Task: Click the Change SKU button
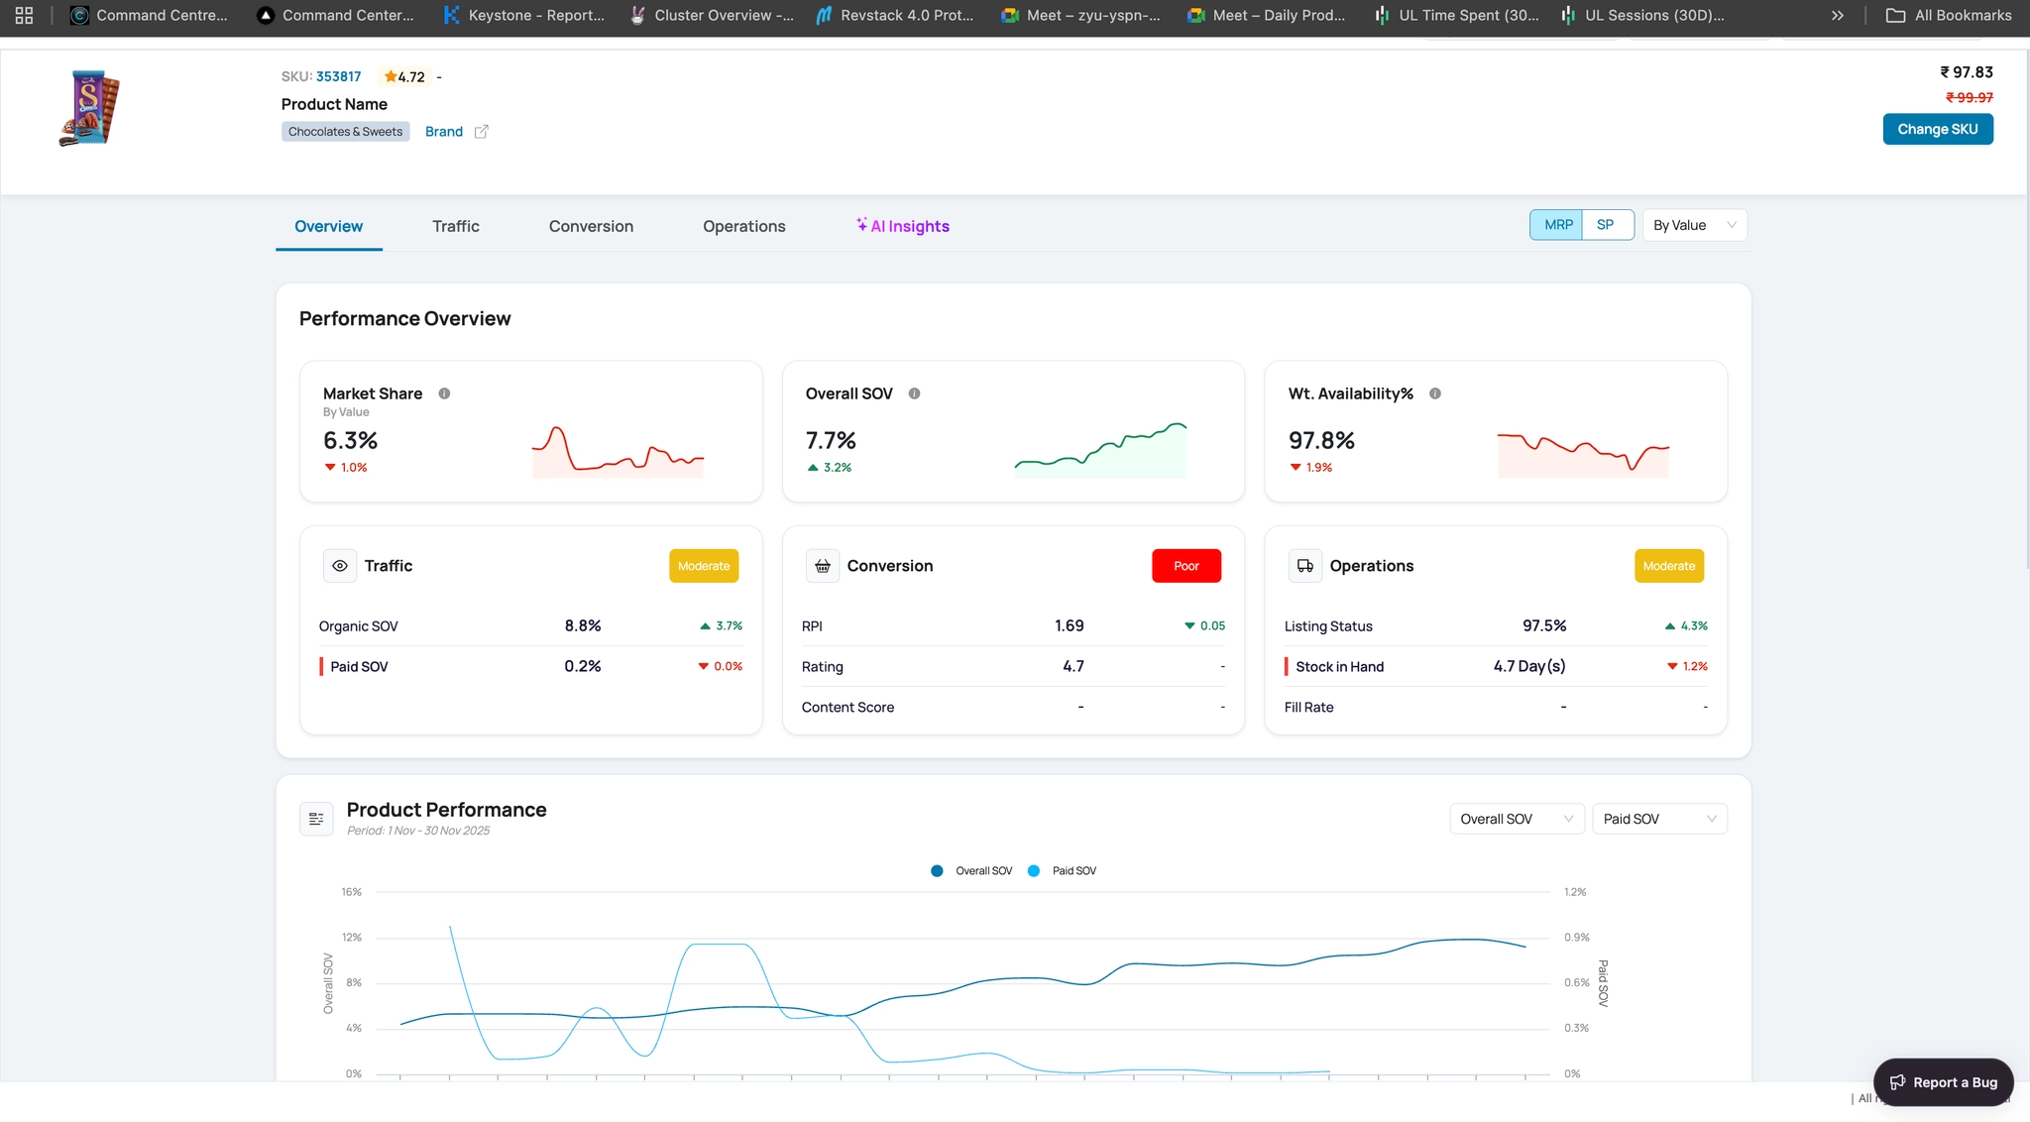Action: click(x=1938, y=129)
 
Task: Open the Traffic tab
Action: click(x=456, y=226)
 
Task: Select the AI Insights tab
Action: click(x=903, y=226)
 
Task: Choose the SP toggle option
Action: click(x=1606, y=225)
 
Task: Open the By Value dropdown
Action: click(x=1695, y=225)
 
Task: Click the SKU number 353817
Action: click(x=339, y=76)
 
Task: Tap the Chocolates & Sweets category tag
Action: click(x=346, y=132)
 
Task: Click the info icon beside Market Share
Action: click(x=444, y=393)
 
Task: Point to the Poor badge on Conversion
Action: click(x=1186, y=566)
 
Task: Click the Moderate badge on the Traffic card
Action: click(x=704, y=566)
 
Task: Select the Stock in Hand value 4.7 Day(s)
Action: click(x=1529, y=666)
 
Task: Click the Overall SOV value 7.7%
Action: click(x=831, y=440)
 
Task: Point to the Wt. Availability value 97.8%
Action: click(x=1321, y=440)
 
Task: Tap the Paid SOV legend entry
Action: click(x=1063, y=871)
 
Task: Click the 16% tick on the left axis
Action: click(x=352, y=892)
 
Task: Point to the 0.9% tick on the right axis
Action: click(x=1577, y=938)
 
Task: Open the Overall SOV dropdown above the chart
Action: click(x=1517, y=819)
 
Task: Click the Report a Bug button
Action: click(x=1944, y=1082)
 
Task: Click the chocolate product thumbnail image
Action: click(x=89, y=108)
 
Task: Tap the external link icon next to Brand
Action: click(x=481, y=132)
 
